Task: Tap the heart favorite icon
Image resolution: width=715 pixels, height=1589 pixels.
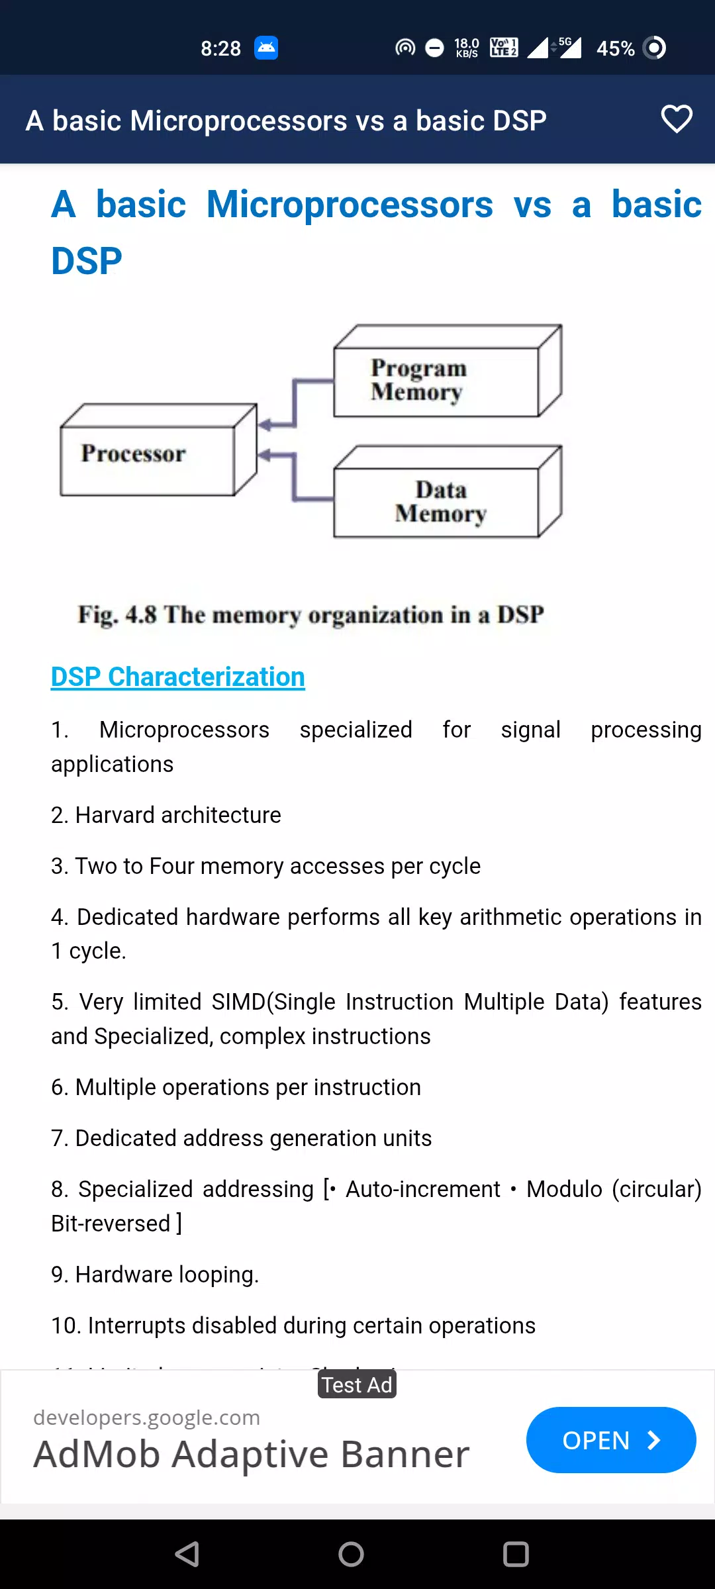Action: (677, 119)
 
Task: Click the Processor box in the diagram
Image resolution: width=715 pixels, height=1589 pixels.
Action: (158, 450)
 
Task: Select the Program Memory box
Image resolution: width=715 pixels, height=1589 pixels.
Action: (448, 371)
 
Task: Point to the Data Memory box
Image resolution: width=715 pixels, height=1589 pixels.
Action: (448, 491)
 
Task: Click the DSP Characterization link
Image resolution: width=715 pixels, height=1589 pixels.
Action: (178, 677)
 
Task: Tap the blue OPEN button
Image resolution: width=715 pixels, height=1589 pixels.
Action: (611, 1440)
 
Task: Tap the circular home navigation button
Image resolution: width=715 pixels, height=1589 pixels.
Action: (351, 1554)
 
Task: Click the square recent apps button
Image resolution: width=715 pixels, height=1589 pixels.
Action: (516, 1554)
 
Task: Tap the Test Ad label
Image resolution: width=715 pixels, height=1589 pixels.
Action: (357, 1384)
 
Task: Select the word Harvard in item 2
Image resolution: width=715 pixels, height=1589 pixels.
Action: (115, 815)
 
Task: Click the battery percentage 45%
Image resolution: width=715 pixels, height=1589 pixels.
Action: (616, 48)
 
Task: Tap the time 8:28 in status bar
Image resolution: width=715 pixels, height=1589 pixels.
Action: (221, 48)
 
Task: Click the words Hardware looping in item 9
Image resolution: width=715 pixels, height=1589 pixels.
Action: (167, 1275)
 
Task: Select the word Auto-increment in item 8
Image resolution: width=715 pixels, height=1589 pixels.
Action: (423, 1189)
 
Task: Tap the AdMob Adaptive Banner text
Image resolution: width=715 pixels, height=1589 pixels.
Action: (252, 1454)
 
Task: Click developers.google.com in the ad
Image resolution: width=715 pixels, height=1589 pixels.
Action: (146, 1418)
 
